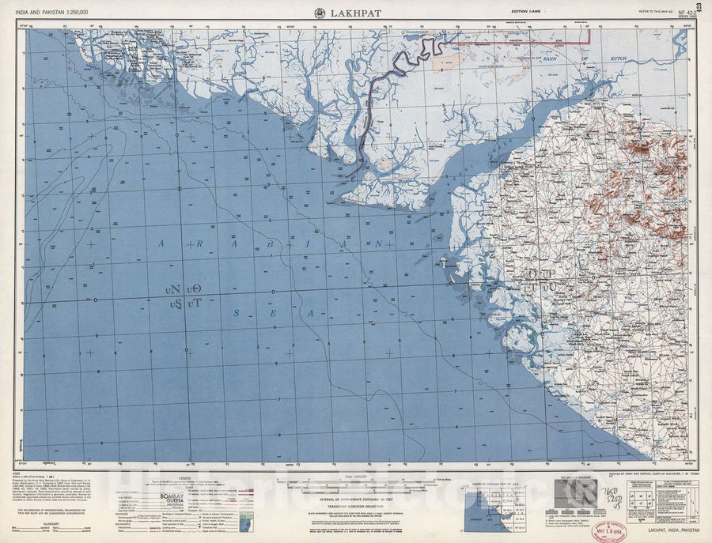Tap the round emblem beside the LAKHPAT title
320,13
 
